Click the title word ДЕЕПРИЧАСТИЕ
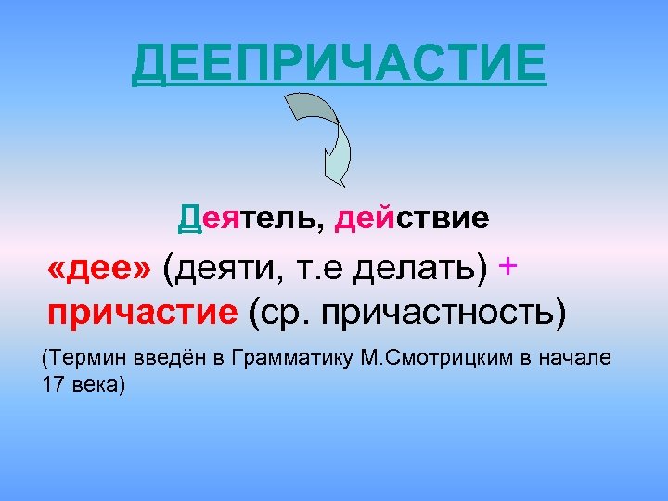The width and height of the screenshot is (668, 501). [x=339, y=63]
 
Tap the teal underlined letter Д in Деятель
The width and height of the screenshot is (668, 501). [x=189, y=219]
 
